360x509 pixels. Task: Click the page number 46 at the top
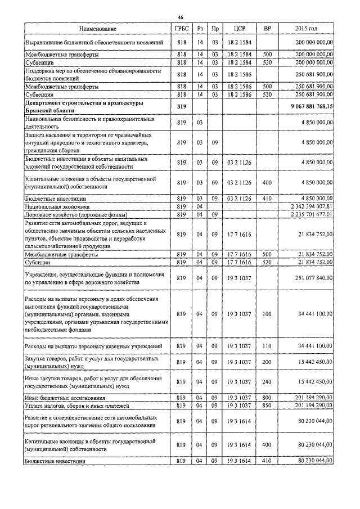[x=181, y=16]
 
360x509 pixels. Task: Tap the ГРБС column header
[x=181, y=29]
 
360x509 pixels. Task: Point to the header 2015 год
[x=306, y=29]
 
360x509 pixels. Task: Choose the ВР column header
[x=267, y=29]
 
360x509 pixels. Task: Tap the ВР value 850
[x=267, y=406]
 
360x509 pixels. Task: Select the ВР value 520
[x=267, y=262]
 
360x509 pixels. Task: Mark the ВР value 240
[x=267, y=382]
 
